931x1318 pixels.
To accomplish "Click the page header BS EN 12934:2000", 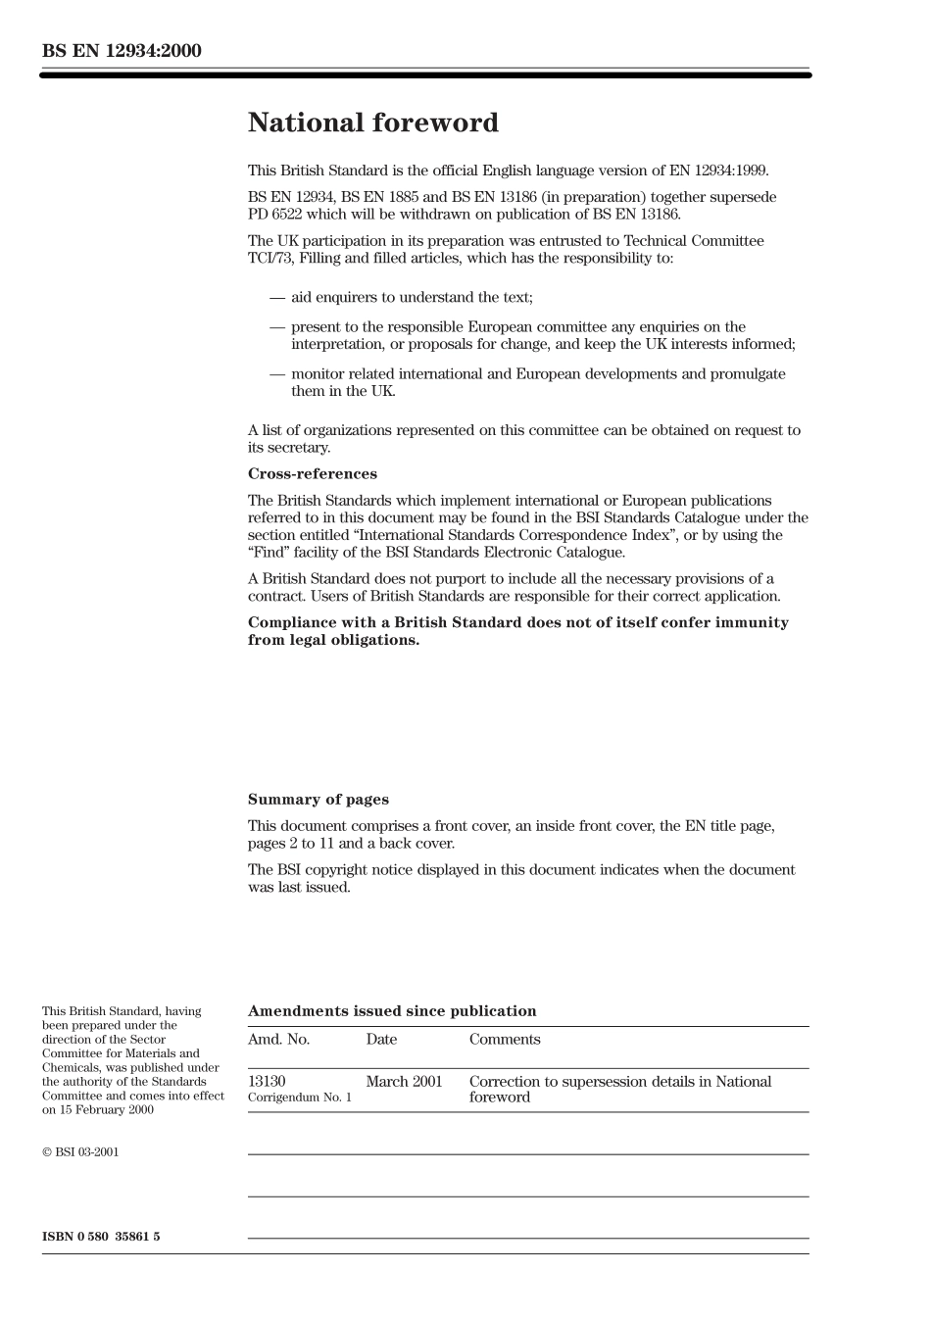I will [x=122, y=51].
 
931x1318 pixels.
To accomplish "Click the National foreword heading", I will [x=372, y=123].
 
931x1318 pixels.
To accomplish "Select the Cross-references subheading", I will [x=312, y=474].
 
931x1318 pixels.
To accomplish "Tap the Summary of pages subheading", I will [x=318, y=800].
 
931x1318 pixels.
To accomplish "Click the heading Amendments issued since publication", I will [x=392, y=1011].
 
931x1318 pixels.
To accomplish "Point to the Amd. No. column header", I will [x=278, y=1040].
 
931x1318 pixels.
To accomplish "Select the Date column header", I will [x=381, y=1040].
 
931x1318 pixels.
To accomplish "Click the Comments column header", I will [x=504, y=1040].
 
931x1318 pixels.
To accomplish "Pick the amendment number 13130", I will [x=267, y=1082].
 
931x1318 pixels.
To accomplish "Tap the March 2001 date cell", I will [x=404, y=1082].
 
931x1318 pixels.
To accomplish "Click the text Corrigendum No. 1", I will [x=299, y=1098].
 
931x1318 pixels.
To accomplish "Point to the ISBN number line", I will [x=101, y=1237].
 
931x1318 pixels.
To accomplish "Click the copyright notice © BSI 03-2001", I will [x=80, y=1152].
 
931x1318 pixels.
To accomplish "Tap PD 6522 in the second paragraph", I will [x=274, y=215].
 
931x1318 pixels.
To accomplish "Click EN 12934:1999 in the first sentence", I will [x=718, y=171].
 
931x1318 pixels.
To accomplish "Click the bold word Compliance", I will [x=291, y=623].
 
